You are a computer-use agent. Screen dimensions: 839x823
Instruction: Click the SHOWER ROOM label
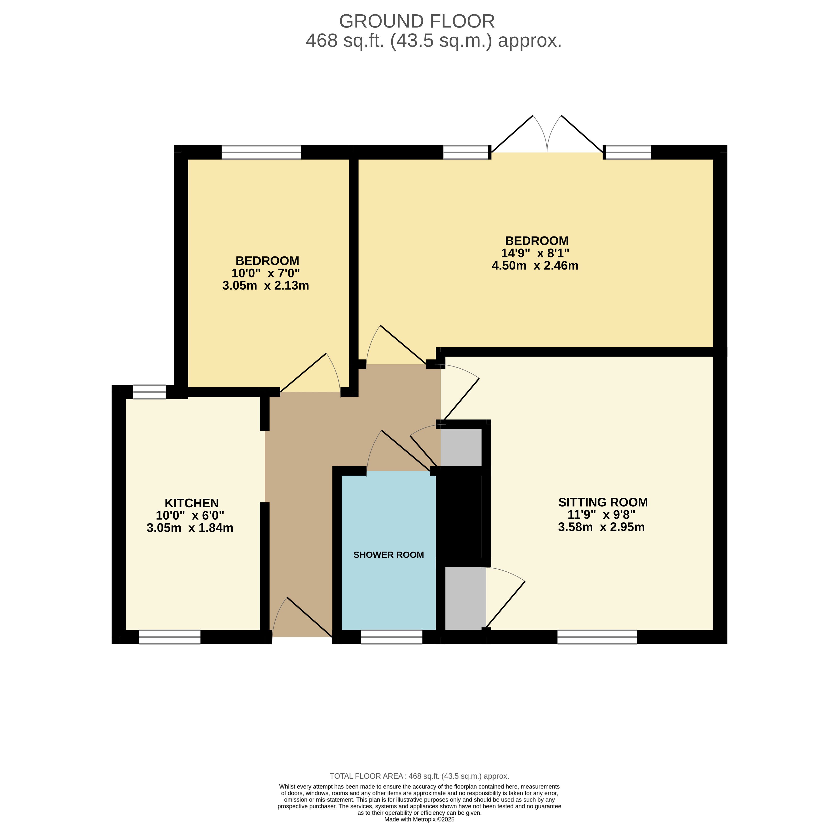(388, 555)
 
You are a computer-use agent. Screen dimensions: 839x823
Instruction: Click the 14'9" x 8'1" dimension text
(535, 253)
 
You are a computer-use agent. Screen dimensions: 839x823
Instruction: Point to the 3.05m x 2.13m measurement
(265, 285)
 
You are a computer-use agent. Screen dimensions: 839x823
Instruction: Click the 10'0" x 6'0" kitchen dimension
(190, 515)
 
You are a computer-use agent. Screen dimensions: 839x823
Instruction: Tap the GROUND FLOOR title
(417, 21)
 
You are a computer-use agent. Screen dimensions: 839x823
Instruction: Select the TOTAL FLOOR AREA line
(419, 776)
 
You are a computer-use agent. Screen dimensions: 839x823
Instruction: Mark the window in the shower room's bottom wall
(391, 637)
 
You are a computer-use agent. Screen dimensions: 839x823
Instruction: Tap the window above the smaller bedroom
(261, 152)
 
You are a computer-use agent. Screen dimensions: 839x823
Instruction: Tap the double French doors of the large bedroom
(547, 134)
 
